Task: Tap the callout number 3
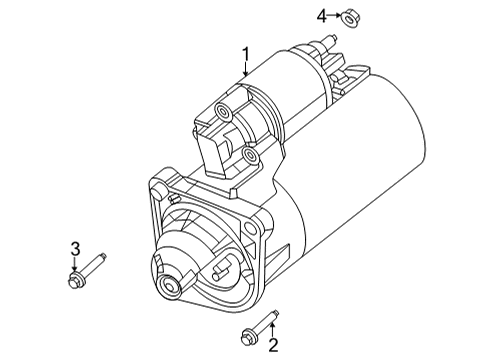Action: click(x=74, y=248)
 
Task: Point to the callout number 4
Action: click(x=322, y=15)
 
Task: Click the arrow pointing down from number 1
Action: click(x=244, y=70)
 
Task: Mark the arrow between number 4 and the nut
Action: click(x=335, y=16)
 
